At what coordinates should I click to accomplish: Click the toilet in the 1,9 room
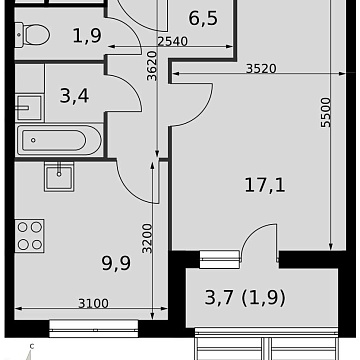click(33, 34)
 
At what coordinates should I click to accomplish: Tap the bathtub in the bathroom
click(59, 140)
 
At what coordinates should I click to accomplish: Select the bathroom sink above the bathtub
click(29, 107)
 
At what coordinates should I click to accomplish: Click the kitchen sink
click(59, 176)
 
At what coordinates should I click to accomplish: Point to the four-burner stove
click(29, 236)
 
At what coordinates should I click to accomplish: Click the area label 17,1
click(265, 185)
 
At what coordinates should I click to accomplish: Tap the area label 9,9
click(116, 263)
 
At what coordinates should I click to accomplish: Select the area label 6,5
click(203, 18)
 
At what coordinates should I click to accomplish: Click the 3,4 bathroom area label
click(74, 96)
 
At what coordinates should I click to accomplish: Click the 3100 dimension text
click(93, 303)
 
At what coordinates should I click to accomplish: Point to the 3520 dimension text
click(261, 68)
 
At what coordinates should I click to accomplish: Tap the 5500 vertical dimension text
click(326, 112)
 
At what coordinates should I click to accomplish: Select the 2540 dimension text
click(173, 41)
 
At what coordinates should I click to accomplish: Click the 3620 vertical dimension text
click(152, 66)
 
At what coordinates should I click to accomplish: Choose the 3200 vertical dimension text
click(147, 239)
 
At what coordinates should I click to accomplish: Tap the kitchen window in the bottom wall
click(94, 328)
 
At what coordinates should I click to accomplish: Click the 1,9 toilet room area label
click(87, 35)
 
